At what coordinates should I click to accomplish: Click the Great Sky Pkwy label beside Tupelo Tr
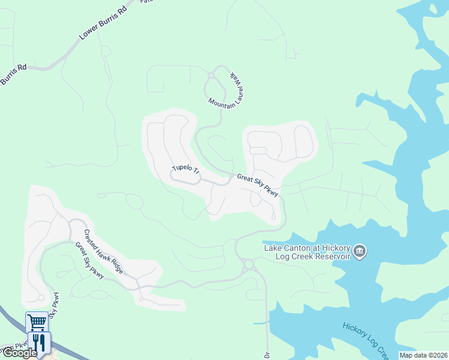(258, 185)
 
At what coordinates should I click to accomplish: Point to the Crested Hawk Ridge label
(104, 252)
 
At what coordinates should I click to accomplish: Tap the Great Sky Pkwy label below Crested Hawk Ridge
(90, 260)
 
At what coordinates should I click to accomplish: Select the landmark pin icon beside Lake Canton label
(360, 251)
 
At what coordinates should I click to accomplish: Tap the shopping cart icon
(37, 322)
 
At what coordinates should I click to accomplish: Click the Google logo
(19, 353)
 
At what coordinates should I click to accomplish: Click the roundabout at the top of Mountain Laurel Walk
(211, 75)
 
